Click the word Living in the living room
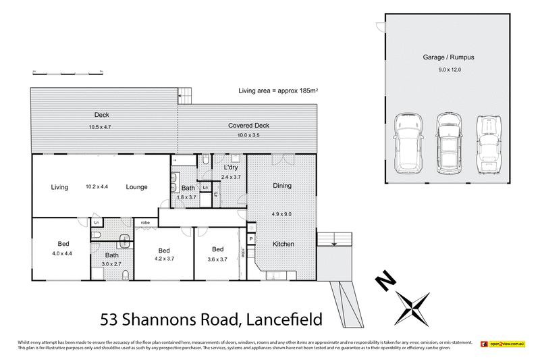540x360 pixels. (59, 187)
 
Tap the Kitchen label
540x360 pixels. (282, 243)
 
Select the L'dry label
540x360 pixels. (223, 167)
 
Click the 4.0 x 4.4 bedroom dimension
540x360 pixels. (63, 254)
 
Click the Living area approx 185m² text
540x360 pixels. (277, 91)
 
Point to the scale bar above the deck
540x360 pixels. (67, 71)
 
